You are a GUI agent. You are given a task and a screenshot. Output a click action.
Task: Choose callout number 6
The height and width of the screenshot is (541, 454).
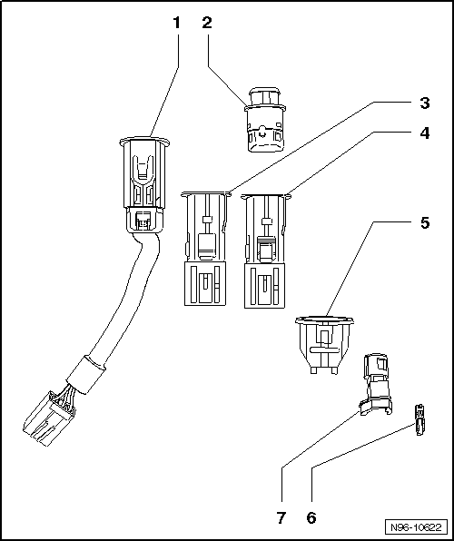(311, 519)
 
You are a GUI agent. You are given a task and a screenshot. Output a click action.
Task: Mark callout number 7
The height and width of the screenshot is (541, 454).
(281, 519)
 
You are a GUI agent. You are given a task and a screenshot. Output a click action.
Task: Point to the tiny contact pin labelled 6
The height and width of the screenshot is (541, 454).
(419, 419)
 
